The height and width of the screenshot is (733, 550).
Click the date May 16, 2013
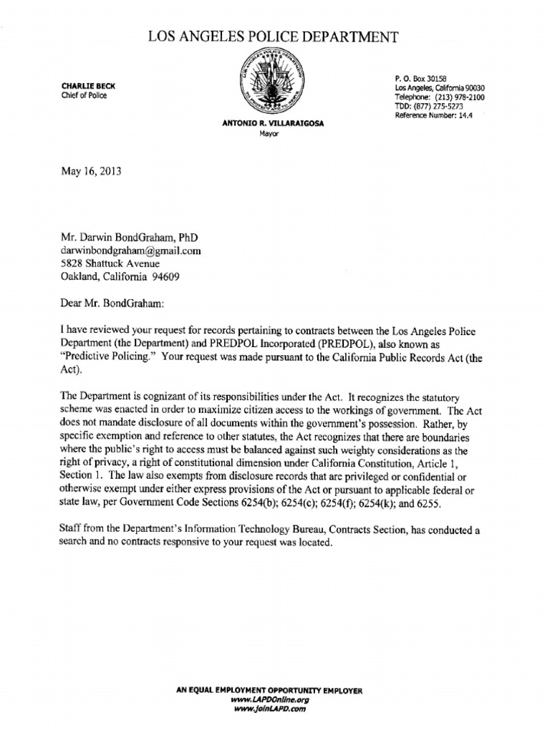click(90, 172)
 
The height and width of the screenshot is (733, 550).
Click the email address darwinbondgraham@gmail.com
click(130, 251)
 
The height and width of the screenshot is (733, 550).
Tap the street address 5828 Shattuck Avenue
click(116, 263)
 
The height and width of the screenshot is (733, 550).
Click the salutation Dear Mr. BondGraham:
click(113, 304)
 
